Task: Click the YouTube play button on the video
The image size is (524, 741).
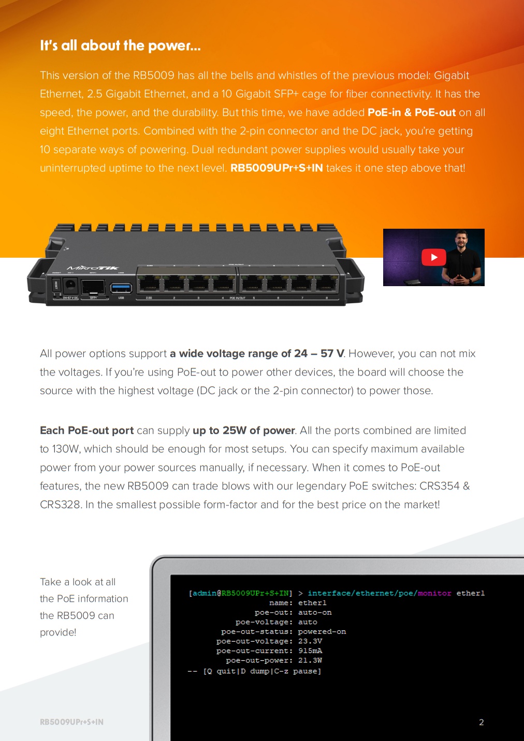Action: pyautogui.click(x=434, y=257)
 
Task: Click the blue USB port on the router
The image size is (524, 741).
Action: pyautogui.click(x=121, y=287)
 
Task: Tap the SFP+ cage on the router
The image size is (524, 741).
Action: pyautogui.click(x=93, y=287)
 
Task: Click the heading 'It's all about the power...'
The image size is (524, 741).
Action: pyautogui.click(x=120, y=46)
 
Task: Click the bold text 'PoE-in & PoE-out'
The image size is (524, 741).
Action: pyautogui.click(x=412, y=112)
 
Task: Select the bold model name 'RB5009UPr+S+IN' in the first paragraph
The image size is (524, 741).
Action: pyautogui.click(x=276, y=168)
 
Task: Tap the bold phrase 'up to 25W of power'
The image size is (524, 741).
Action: pyautogui.click(x=243, y=431)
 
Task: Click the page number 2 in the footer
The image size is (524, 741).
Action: pyautogui.click(x=481, y=722)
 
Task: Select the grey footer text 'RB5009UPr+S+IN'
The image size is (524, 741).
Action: pyautogui.click(x=71, y=722)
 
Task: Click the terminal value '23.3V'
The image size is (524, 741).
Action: pyautogui.click(x=310, y=641)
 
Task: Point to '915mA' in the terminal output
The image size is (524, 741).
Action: pyautogui.click(x=310, y=651)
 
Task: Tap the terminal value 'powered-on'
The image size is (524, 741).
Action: pyautogui.click(x=322, y=632)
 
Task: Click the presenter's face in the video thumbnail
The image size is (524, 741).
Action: pyautogui.click(x=461, y=243)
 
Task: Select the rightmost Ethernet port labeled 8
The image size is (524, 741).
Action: pyautogui.click(x=326, y=284)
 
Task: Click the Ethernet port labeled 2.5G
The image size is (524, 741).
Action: pyautogui.click(x=149, y=284)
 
